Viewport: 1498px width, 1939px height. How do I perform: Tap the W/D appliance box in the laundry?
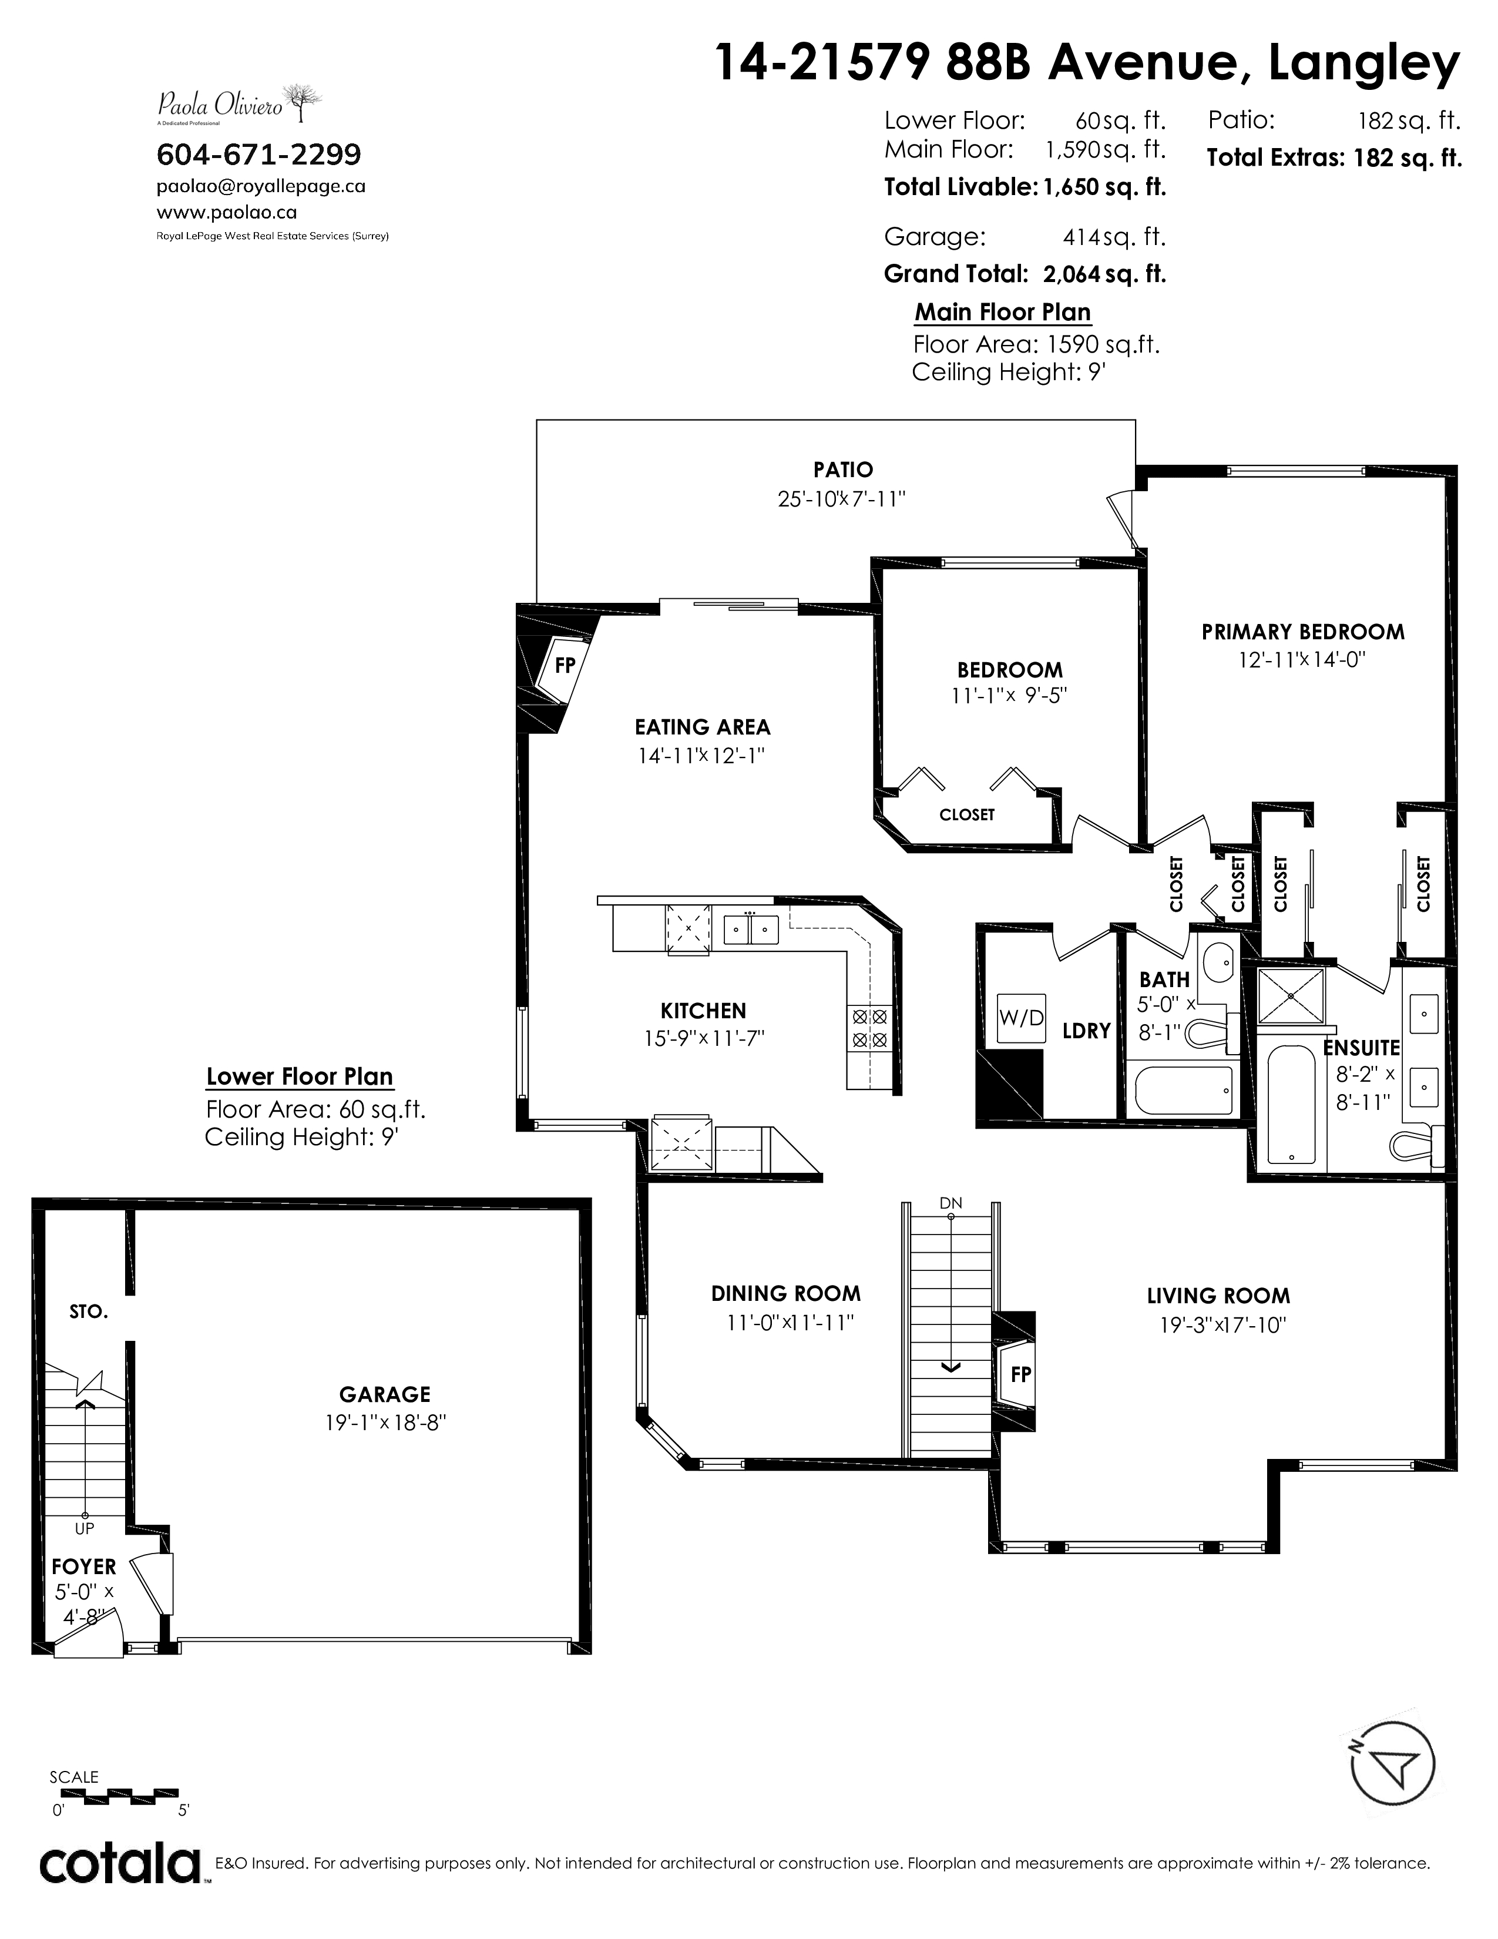click(x=1022, y=1018)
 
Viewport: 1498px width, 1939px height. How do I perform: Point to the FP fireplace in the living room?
click(x=1017, y=1374)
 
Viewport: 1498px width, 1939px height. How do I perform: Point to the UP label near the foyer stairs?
click(x=85, y=1528)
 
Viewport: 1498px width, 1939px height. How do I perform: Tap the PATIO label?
click(x=843, y=469)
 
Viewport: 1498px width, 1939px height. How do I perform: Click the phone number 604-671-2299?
click(x=259, y=155)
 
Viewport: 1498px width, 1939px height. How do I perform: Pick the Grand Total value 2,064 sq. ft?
click(x=1104, y=273)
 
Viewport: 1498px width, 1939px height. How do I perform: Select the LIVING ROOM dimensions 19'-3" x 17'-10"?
click(x=1223, y=1324)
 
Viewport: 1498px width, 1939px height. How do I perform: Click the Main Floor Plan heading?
click(x=1003, y=313)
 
